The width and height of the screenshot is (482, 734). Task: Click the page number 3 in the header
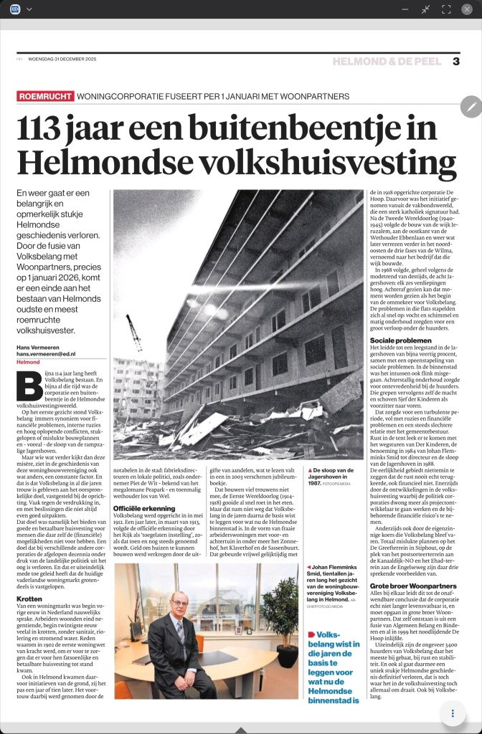pos(455,61)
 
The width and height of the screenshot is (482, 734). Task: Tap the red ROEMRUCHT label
pos(44,96)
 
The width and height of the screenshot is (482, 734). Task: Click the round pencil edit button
pos(471,106)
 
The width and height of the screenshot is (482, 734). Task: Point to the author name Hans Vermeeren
pos(41,348)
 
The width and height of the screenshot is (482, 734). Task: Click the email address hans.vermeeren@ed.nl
pos(50,355)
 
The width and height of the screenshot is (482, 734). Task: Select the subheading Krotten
pos(29,598)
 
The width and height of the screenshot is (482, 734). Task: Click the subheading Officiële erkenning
pos(143,509)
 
